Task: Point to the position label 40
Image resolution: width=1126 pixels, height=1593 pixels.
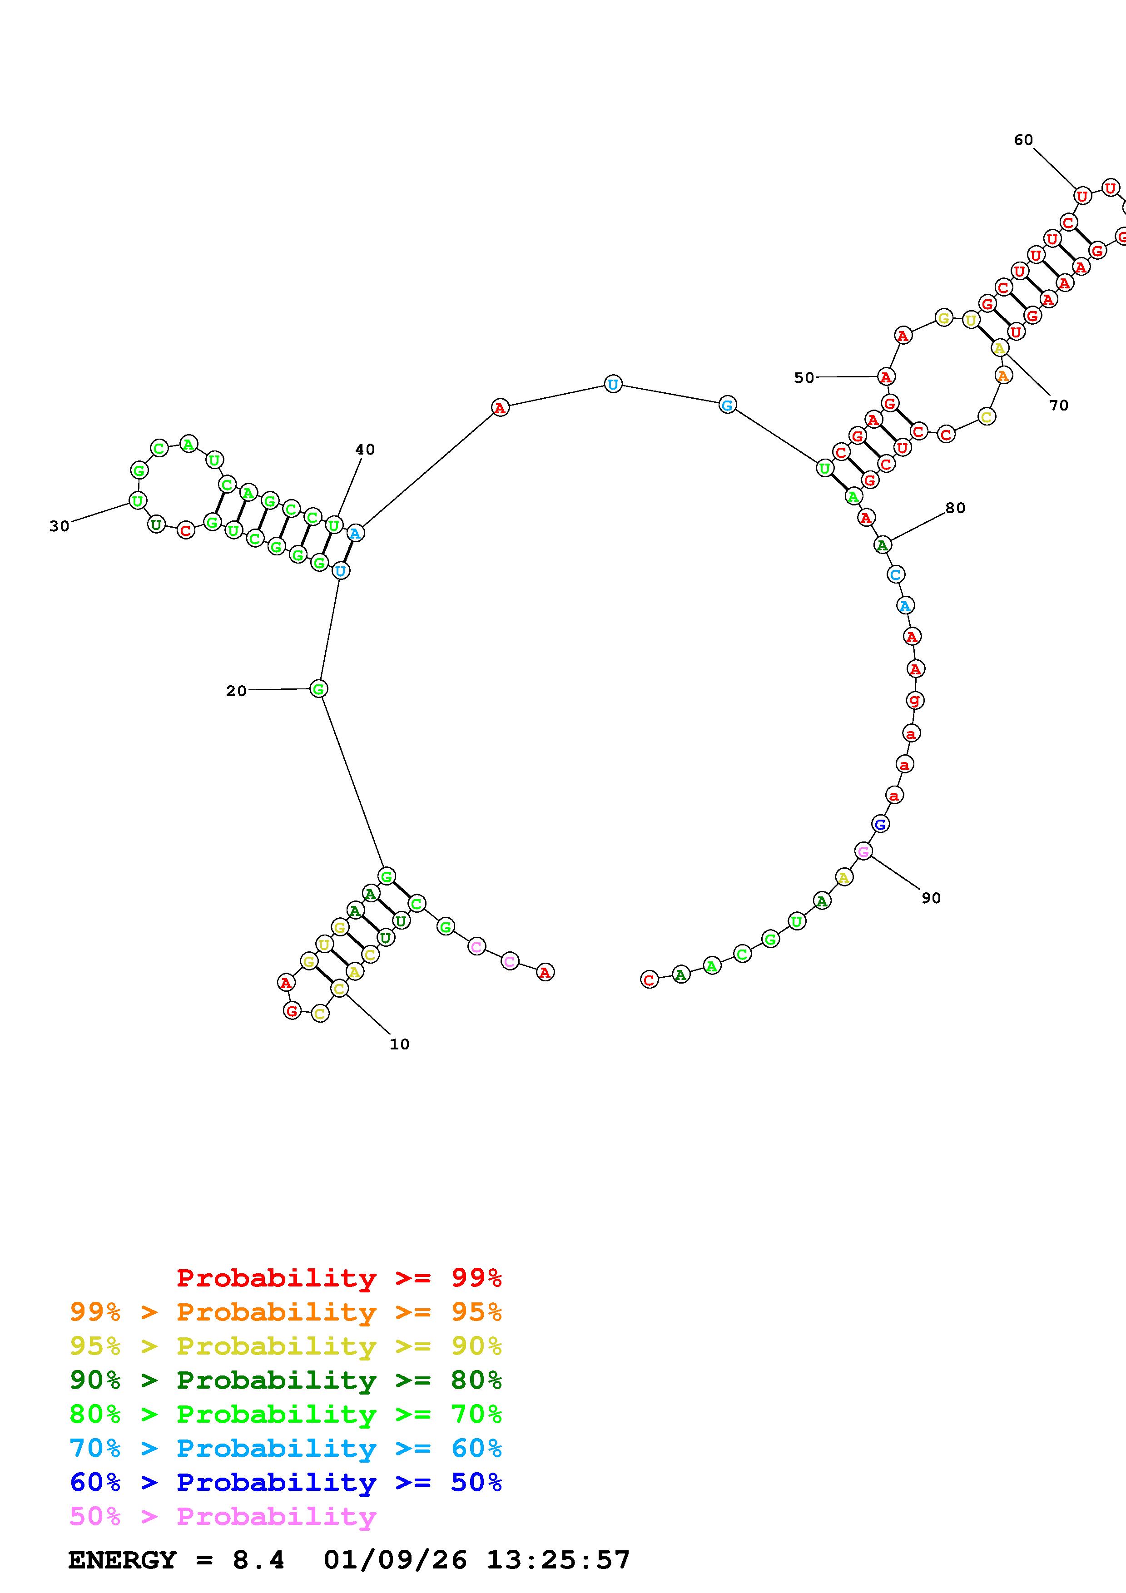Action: point(365,450)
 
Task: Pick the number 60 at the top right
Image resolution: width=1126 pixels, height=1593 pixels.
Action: point(1023,140)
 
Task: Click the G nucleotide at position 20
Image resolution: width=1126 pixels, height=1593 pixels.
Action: point(318,689)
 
